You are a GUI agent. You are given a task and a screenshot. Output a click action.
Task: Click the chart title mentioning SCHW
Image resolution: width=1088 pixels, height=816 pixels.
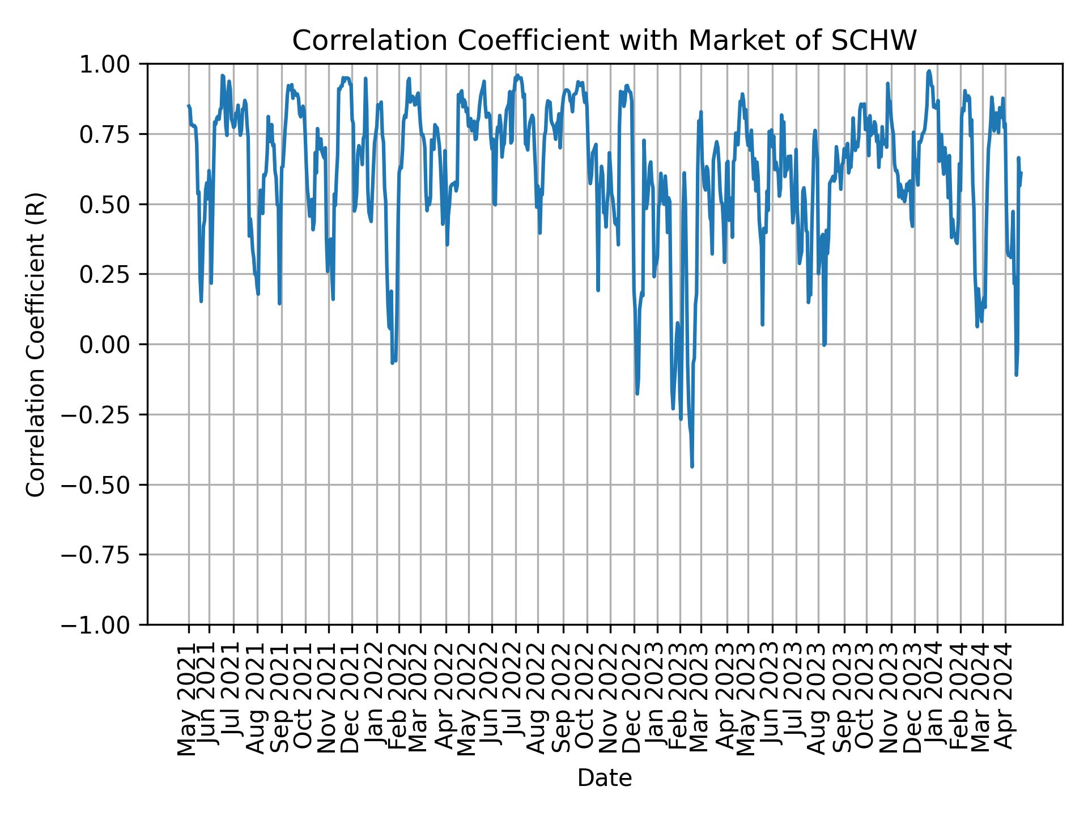click(604, 41)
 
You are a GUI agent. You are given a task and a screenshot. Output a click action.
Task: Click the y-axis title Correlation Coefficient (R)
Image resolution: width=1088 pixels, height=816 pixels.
click(36, 345)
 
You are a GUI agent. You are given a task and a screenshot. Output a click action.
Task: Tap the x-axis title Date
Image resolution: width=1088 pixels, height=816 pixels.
click(604, 778)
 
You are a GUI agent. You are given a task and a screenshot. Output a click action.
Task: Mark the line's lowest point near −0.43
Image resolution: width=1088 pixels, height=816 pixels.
click(692, 466)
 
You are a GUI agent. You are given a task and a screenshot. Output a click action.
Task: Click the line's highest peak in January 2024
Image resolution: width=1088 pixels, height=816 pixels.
click(928, 71)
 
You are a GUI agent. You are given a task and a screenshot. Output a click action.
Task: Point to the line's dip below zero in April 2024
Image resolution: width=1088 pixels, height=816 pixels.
click(1016, 374)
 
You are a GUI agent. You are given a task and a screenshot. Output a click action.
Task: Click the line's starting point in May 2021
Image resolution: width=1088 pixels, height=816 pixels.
click(189, 105)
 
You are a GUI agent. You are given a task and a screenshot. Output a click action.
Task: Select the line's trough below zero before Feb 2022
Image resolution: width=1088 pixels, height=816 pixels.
click(392, 362)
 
